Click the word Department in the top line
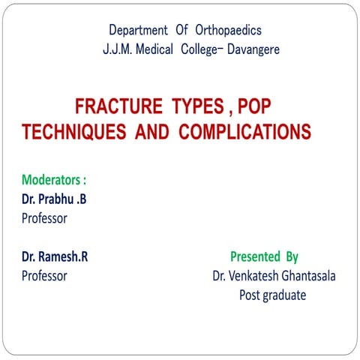click(139, 31)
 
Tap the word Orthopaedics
click(228, 31)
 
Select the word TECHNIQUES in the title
click(74, 133)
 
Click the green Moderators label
click(54, 181)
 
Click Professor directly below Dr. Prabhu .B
click(44, 219)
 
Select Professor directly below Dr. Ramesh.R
click(44, 276)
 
